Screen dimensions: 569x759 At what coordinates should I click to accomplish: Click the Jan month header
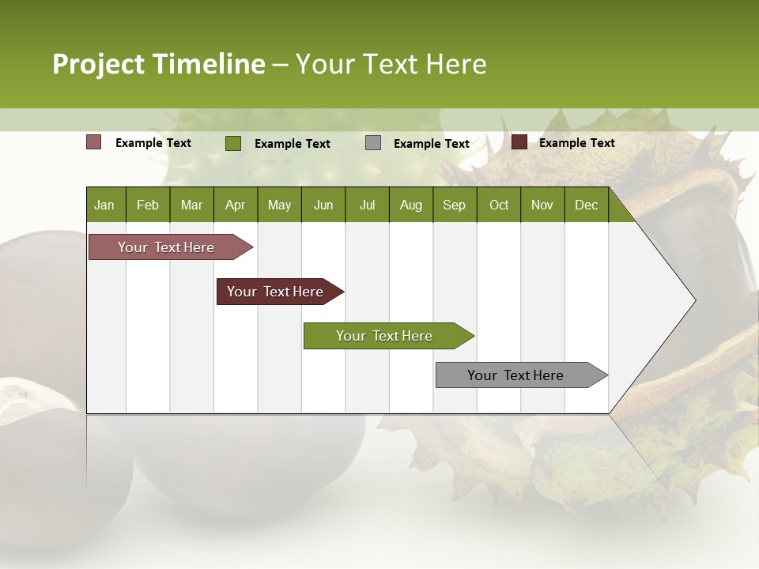point(105,205)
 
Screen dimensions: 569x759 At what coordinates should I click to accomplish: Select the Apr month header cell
point(236,205)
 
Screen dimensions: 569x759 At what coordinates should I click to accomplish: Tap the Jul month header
point(367,205)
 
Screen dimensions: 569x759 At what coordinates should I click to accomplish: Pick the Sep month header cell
point(455,205)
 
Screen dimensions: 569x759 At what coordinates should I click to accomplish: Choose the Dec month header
point(586,205)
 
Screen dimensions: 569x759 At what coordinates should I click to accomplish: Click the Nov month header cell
point(542,205)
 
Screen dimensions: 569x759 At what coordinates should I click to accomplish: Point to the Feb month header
point(148,205)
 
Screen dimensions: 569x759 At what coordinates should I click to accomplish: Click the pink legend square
point(94,142)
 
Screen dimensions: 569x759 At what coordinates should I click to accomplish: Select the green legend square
point(233,143)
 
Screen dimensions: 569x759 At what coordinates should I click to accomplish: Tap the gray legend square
point(373,143)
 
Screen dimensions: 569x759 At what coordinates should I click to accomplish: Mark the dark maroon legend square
point(519,142)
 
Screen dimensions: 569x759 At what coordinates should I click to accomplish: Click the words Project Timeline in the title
point(159,64)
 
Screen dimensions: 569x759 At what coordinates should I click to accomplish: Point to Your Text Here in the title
point(391,64)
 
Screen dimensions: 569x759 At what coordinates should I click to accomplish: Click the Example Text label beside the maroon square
point(576,142)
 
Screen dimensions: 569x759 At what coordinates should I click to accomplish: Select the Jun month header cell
point(323,205)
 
